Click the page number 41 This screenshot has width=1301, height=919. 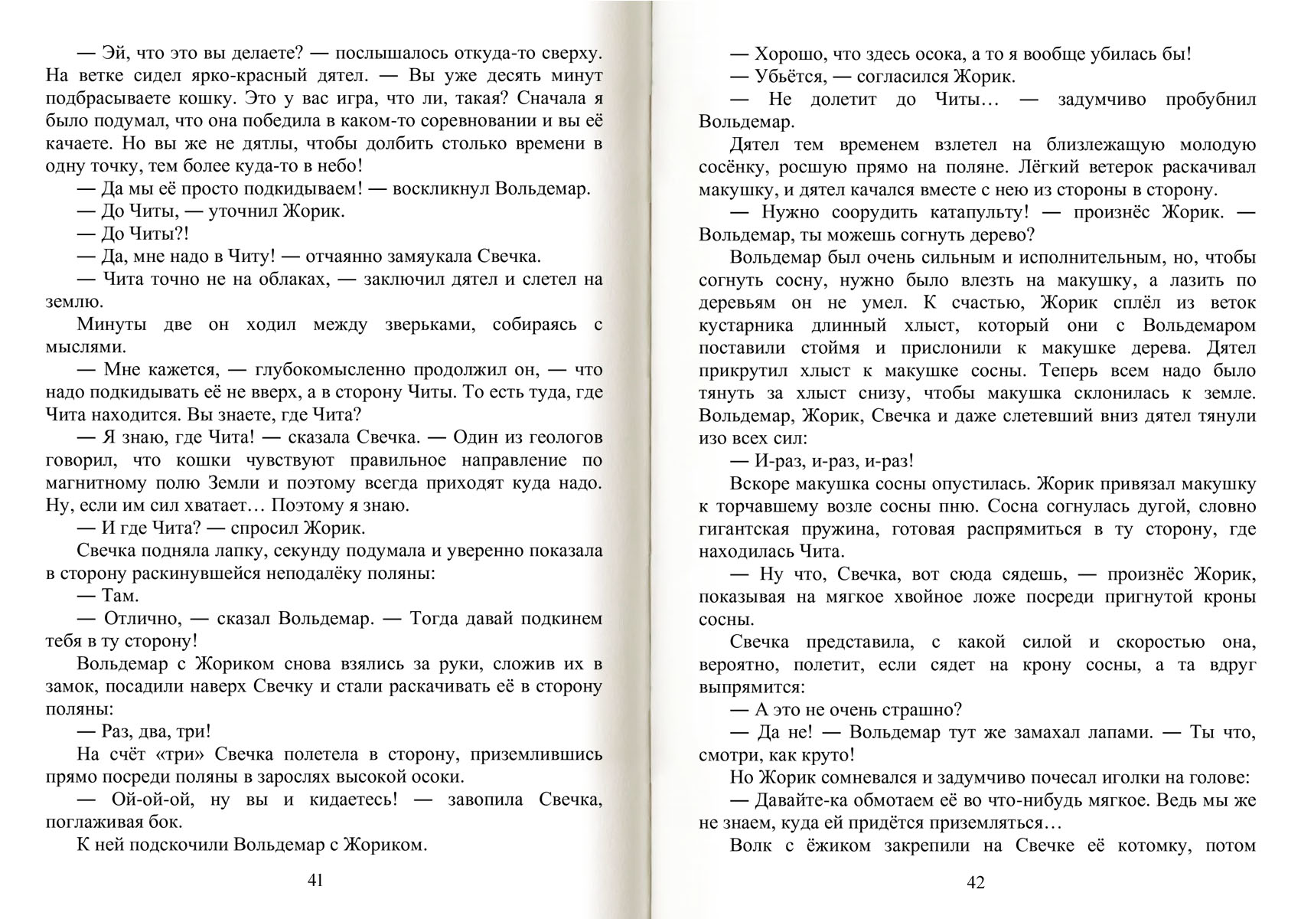tap(315, 880)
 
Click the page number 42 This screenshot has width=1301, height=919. tap(976, 882)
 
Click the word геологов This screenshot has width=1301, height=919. tap(559, 438)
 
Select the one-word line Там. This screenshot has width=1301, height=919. tap(120, 595)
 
